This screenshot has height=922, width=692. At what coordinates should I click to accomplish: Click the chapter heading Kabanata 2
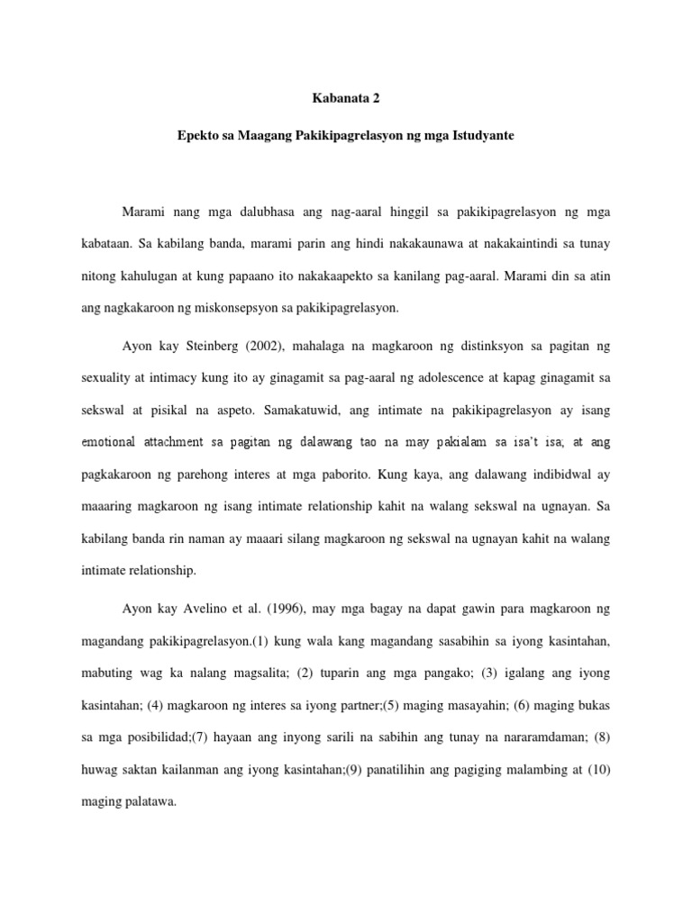[346, 102]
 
